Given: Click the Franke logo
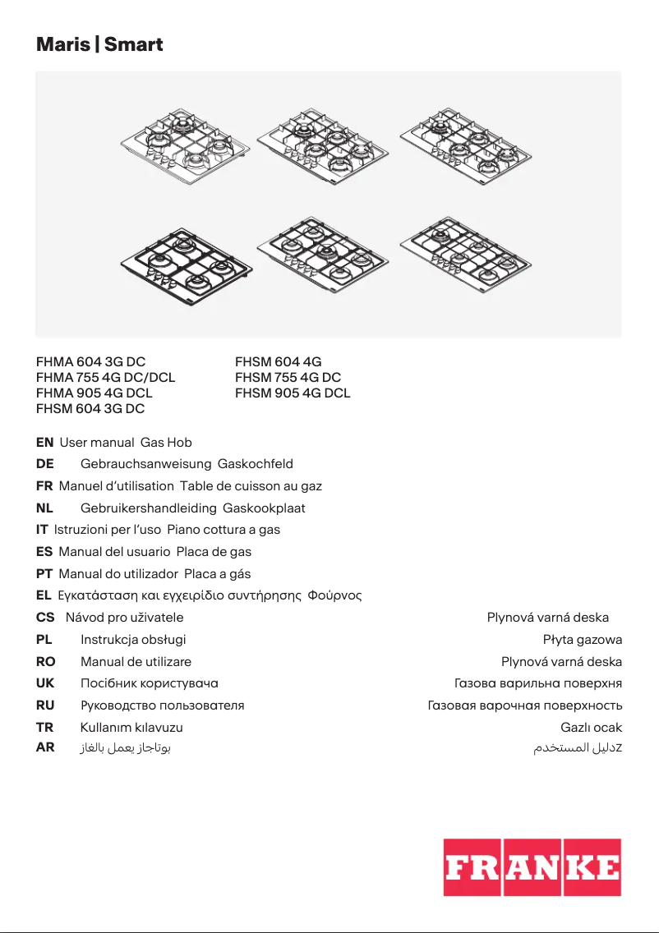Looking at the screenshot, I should click(532, 867).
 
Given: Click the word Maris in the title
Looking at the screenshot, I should click(63, 44).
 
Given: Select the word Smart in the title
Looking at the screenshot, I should click(134, 44).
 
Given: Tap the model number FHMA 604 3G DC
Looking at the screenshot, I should click(91, 361).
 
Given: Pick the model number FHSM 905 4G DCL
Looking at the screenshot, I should click(293, 393).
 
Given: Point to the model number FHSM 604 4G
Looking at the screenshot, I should click(278, 361).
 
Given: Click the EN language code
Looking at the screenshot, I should click(45, 442).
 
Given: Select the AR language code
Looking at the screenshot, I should click(45, 748).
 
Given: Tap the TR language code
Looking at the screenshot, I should click(44, 727).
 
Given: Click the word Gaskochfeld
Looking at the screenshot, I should click(250, 464).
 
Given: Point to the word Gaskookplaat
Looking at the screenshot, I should click(258, 508).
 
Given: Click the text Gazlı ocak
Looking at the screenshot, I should click(591, 727).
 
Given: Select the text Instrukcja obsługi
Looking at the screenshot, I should click(133, 639).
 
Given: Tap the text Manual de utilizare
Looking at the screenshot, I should click(136, 661).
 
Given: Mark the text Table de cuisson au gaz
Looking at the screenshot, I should click(251, 485).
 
